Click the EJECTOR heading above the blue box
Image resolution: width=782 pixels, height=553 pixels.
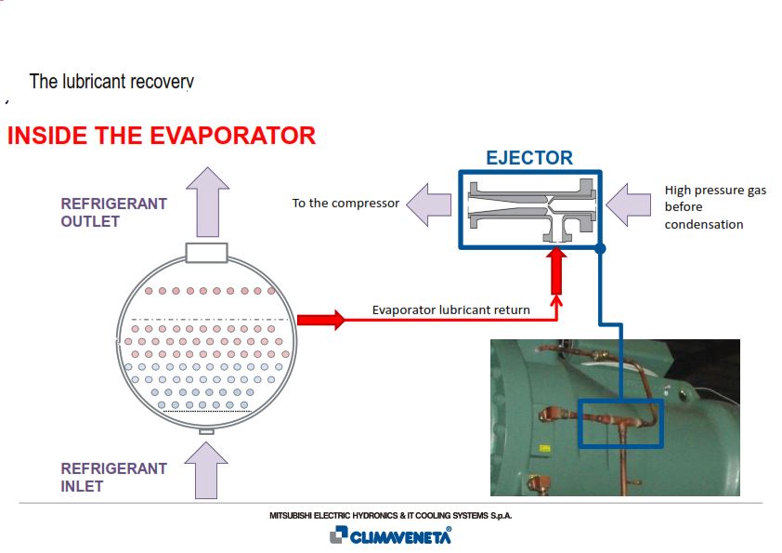pyautogui.click(x=529, y=158)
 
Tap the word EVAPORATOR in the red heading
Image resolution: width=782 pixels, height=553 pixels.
pyautogui.click(x=232, y=136)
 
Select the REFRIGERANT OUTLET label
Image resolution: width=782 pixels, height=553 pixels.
pyautogui.click(x=113, y=212)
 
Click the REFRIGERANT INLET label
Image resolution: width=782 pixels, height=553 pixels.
pyautogui.click(x=113, y=477)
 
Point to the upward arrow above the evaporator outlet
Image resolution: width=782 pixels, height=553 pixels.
pyautogui.click(x=207, y=202)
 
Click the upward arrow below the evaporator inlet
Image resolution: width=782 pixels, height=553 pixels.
pyautogui.click(x=206, y=470)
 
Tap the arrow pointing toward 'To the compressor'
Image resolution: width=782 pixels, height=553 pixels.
pyautogui.click(x=429, y=204)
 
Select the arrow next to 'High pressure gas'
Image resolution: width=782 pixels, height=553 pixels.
pyautogui.click(x=629, y=204)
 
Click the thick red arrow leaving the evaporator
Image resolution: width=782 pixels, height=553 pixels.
pyautogui.click(x=321, y=320)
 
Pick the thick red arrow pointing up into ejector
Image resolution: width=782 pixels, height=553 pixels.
pyautogui.click(x=556, y=271)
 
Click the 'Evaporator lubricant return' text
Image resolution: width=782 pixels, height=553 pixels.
pyautogui.click(x=450, y=309)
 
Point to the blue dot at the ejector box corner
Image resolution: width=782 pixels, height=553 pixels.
pyautogui.click(x=601, y=248)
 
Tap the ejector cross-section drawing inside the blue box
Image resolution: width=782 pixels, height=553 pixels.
pyautogui.click(x=531, y=210)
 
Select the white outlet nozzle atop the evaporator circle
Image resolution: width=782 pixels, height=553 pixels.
pyautogui.click(x=206, y=253)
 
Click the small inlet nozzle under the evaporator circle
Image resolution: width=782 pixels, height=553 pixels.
pyautogui.click(x=206, y=431)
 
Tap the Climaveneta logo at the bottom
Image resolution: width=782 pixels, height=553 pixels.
pyautogui.click(x=390, y=535)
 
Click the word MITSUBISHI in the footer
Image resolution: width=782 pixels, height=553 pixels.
pyautogui.click(x=291, y=516)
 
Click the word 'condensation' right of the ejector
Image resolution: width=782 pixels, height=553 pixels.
pyautogui.click(x=704, y=225)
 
